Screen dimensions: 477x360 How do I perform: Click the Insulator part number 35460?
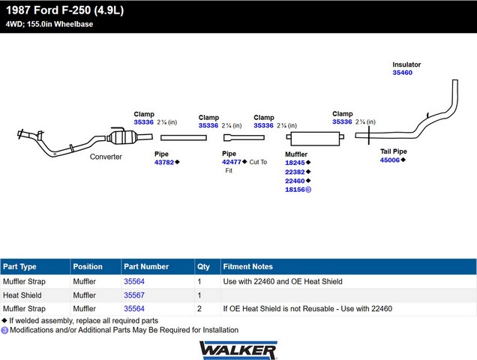click(402, 73)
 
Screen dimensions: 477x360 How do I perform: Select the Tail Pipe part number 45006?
click(390, 160)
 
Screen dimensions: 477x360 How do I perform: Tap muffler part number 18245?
click(295, 163)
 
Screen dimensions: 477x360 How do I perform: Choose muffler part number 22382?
click(295, 172)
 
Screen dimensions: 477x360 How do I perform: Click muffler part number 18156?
click(295, 190)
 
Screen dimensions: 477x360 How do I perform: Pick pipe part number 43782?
click(164, 162)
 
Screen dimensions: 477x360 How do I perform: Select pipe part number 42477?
click(232, 162)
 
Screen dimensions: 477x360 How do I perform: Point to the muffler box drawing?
click(315, 139)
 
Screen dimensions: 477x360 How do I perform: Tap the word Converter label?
click(106, 157)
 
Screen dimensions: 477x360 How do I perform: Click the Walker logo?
click(238, 350)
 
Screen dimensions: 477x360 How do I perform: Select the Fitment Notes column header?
click(248, 266)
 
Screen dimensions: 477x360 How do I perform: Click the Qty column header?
click(203, 267)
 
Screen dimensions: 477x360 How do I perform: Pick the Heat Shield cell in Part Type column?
click(22, 295)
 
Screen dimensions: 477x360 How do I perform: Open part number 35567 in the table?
click(134, 295)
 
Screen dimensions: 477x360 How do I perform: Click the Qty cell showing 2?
click(199, 308)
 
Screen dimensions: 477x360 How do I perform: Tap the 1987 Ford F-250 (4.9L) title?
click(64, 10)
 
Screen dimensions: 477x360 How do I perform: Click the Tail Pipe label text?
click(393, 151)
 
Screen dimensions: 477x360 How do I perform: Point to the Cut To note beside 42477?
click(258, 162)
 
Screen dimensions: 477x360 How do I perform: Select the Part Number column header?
click(146, 266)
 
